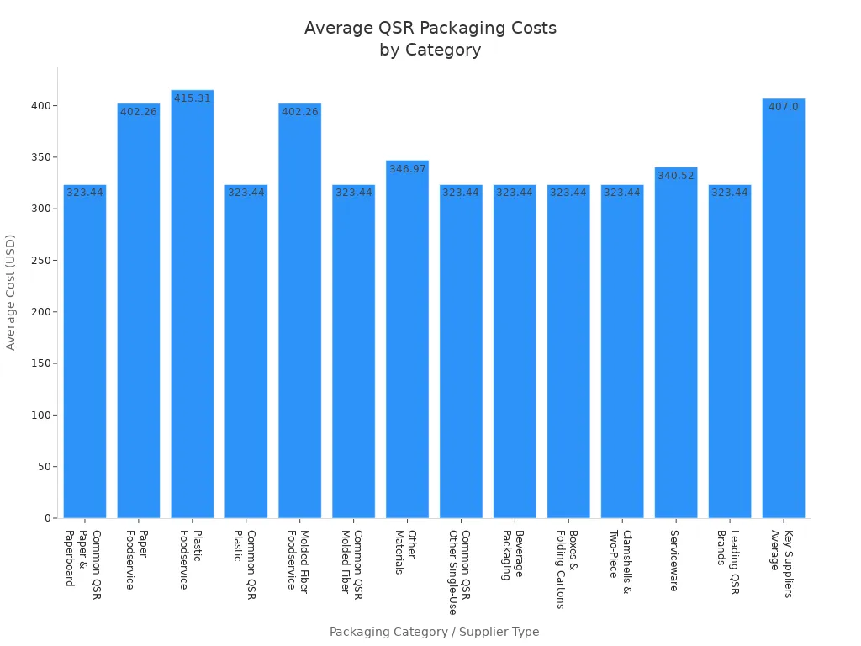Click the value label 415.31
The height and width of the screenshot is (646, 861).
(x=193, y=98)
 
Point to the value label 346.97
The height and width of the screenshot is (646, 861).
(x=407, y=169)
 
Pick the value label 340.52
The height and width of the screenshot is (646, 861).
(x=676, y=176)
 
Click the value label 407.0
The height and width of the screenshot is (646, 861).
(x=783, y=107)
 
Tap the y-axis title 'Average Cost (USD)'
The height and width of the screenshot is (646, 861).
(x=11, y=292)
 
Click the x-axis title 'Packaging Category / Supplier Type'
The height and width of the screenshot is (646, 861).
(x=434, y=632)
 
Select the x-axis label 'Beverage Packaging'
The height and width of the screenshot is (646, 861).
(x=514, y=555)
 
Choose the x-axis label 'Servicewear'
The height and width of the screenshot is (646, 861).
(x=674, y=560)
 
